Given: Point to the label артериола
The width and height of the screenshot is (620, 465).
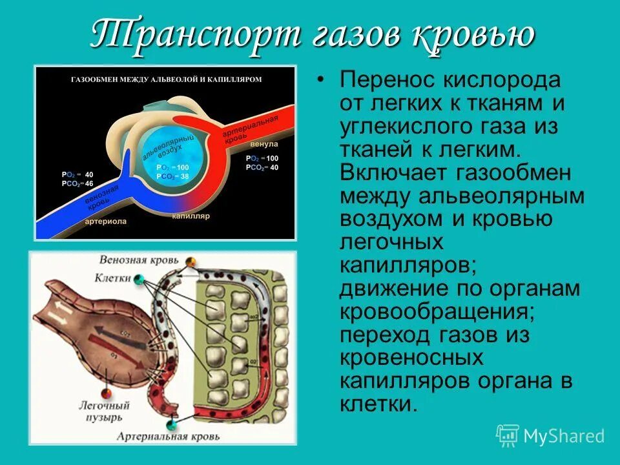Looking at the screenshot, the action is point(105,221).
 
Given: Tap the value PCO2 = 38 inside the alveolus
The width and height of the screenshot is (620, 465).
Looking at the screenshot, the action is point(172,176).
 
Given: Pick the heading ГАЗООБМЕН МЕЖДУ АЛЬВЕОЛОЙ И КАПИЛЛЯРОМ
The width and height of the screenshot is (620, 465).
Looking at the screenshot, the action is point(162,79).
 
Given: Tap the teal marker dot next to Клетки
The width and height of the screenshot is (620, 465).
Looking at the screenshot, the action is point(139,279).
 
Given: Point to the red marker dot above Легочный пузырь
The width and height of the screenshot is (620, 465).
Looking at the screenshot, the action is point(103,393).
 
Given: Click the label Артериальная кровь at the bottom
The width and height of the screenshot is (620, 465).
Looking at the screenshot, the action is point(169,437).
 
